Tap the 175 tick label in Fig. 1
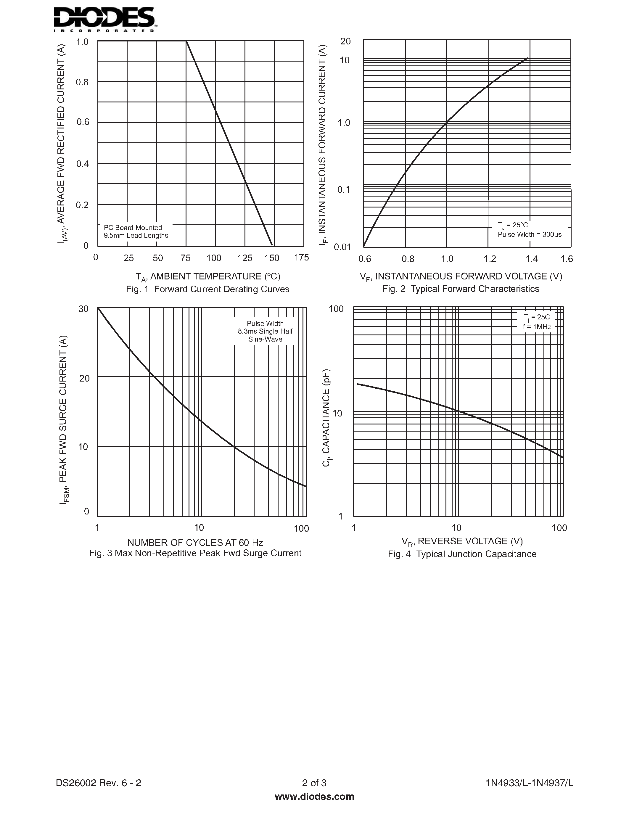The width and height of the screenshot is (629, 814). [x=301, y=257]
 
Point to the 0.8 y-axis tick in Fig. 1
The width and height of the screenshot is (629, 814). [x=82, y=82]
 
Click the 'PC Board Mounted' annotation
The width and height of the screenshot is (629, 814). [x=133, y=227]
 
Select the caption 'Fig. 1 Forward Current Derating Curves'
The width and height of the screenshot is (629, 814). [x=207, y=289]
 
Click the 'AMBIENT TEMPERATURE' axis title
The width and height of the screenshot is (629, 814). [x=208, y=276]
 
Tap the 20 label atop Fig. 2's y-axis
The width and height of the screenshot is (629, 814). [x=345, y=41]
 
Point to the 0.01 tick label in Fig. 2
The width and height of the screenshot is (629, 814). [x=342, y=247]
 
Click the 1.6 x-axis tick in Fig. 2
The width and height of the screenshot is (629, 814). [x=567, y=259]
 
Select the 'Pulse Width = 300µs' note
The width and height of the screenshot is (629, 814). [x=530, y=234]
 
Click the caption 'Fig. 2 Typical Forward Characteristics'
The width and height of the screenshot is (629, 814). [x=461, y=289]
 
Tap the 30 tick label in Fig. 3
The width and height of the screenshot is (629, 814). [x=83, y=309]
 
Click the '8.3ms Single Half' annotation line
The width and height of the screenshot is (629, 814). [x=265, y=331]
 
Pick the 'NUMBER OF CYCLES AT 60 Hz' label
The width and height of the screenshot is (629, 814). [x=195, y=542]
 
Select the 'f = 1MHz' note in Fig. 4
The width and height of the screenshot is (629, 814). [x=537, y=326]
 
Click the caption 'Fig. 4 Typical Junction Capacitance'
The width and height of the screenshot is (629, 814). [x=462, y=554]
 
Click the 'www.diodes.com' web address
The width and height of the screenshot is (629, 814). [x=314, y=797]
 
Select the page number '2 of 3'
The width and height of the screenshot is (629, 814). [x=314, y=783]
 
